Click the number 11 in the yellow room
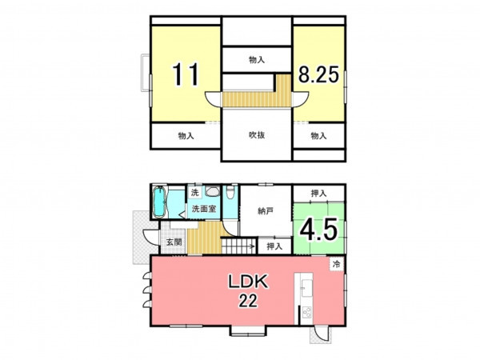186,74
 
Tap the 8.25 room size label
318,74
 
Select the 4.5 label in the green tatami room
318,229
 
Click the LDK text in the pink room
248,282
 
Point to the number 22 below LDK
248,300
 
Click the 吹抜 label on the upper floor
257,135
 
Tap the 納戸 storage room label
266,211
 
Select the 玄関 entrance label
174,242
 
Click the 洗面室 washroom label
204,209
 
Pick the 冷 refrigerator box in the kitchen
337,264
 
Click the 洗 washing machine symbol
194,193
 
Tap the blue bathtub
159,202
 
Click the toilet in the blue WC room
230,193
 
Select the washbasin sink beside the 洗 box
212,192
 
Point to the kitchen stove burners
306,313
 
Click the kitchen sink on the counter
306,288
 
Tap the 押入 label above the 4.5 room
318,194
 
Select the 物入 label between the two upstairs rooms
257,60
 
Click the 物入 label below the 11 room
186,136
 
